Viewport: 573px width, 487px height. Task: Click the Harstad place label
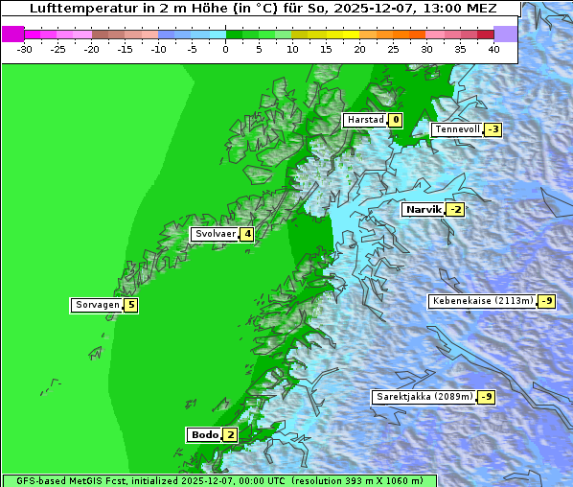pos(364,120)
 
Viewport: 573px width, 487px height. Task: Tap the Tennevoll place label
pos(456,129)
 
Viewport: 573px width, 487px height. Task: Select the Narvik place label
pos(423,210)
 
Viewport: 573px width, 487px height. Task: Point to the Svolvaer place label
pos(215,234)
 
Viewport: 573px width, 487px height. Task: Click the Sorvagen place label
pos(97,306)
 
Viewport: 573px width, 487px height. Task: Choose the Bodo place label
pos(205,435)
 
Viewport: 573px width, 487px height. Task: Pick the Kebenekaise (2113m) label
pos(482,301)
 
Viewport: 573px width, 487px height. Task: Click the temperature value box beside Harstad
pos(395,120)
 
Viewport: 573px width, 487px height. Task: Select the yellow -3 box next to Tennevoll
pos(493,129)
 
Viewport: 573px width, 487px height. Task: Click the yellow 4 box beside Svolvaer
pos(246,234)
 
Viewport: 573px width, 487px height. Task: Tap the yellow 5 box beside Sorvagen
pos(131,306)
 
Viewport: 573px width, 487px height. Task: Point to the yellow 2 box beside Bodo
pos(230,435)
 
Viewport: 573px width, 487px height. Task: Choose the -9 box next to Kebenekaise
pos(545,301)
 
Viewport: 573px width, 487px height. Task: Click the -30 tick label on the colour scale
pos(25,49)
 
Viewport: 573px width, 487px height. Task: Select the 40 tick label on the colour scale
pos(493,49)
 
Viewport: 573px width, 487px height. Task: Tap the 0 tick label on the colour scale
pos(226,49)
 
